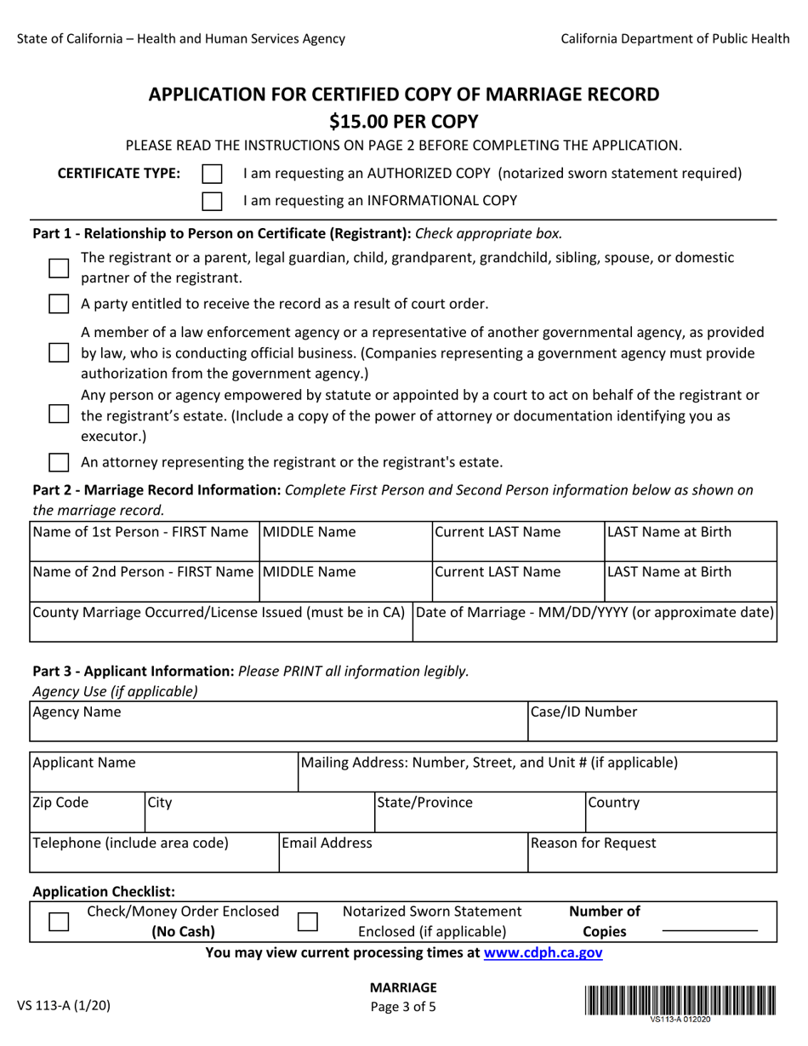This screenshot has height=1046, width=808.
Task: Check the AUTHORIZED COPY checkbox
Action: click(212, 174)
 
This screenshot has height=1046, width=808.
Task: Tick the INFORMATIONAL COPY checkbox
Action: click(212, 202)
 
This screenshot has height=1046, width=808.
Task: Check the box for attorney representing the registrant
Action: click(58, 463)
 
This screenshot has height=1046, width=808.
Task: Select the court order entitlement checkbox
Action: click(58, 304)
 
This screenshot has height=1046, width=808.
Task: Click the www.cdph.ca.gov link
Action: click(543, 953)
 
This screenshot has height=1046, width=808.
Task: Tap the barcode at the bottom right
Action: click(680, 998)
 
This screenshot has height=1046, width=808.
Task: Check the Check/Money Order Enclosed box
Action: click(58, 923)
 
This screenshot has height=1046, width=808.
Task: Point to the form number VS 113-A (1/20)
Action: click(64, 1005)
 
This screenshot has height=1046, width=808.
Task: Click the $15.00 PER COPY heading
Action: click(404, 121)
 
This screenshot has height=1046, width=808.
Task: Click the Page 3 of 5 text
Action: click(403, 1006)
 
